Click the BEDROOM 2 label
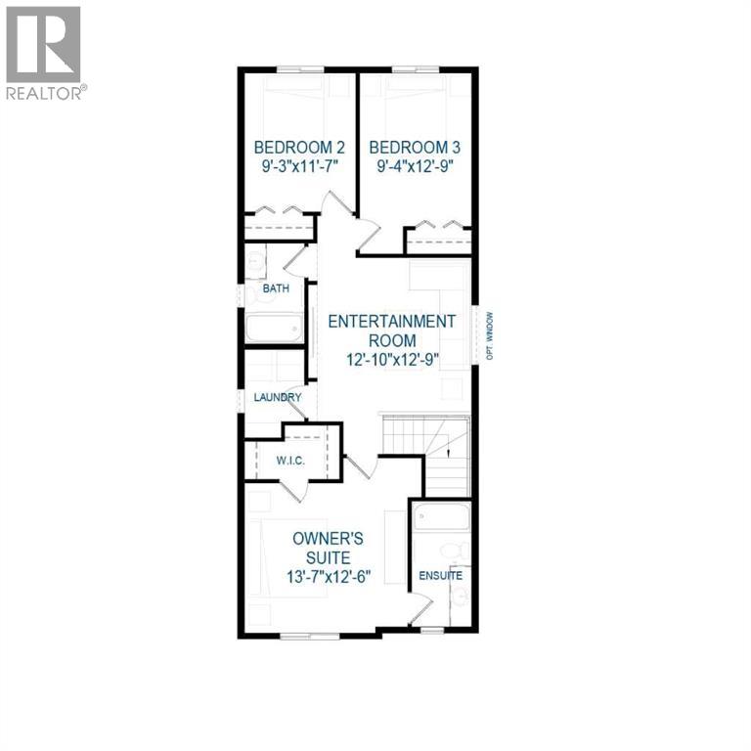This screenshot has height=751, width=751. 298,148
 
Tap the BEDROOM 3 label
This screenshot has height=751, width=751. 414,148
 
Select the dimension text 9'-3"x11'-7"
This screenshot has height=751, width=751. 298,166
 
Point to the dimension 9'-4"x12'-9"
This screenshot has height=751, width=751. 414,166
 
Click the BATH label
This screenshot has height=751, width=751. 275,288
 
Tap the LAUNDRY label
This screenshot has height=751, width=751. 278,398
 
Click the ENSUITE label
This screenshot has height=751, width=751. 441,576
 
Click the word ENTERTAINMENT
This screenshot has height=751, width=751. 391,322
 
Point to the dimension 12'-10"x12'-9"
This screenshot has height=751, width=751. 391,359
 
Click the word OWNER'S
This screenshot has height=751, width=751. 331,538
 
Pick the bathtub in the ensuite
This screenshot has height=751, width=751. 442,518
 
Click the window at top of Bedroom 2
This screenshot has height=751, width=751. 299,69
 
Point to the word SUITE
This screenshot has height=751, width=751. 331,556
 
